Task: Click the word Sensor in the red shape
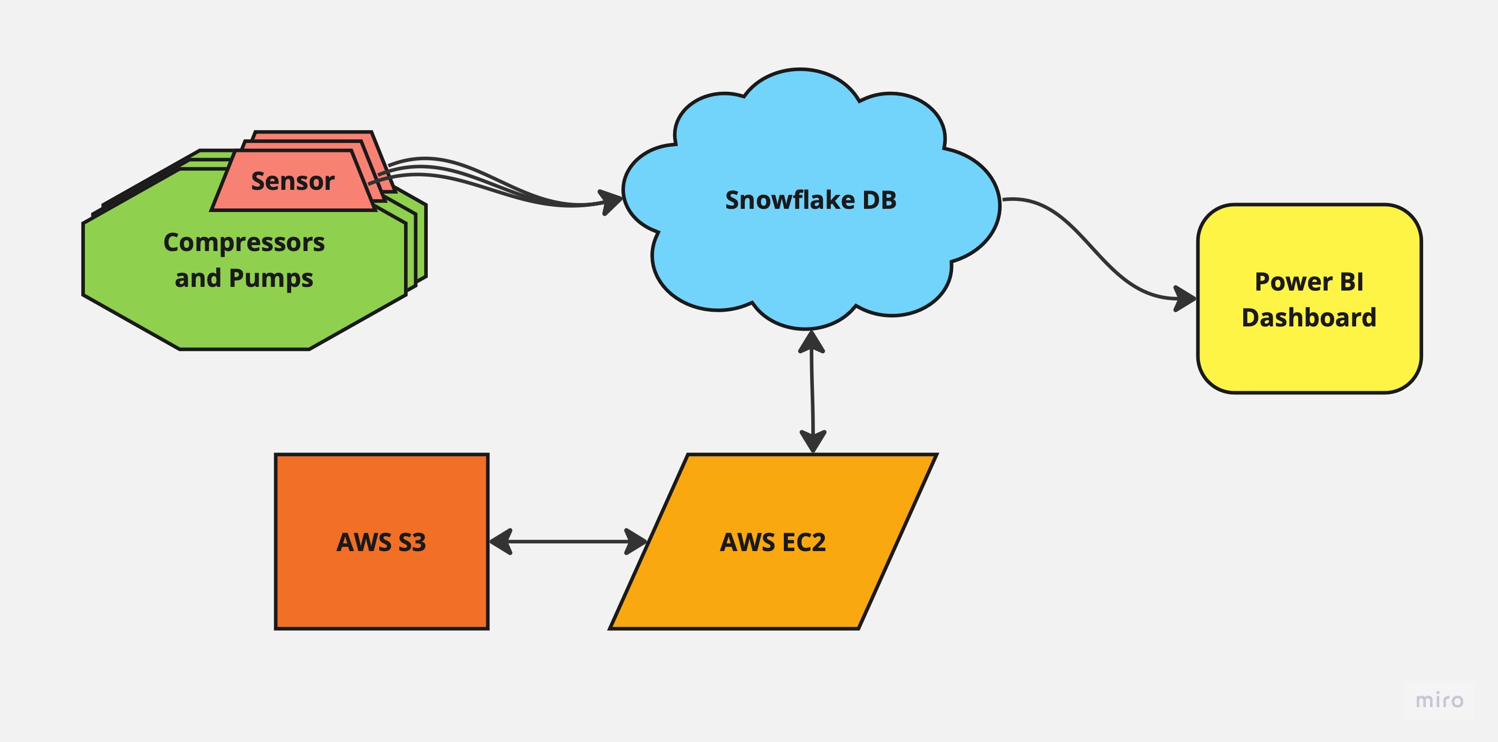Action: (x=293, y=181)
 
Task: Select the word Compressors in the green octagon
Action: (x=244, y=243)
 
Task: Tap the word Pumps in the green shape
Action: (x=271, y=278)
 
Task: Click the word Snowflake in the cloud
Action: (x=789, y=200)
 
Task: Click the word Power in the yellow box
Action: (x=1293, y=282)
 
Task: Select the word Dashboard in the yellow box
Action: (x=1309, y=318)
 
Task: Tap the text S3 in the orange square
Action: (x=412, y=543)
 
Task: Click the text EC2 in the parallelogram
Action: (x=804, y=543)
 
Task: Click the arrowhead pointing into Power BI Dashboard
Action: (x=1185, y=299)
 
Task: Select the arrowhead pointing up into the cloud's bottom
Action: (x=811, y=342)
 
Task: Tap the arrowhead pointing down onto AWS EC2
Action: (x=813, y=441)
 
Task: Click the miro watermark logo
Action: (x=1439, y=700)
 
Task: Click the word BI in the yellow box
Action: (x=1351, y=282)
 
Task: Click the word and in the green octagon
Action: (x=198, y=278)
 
